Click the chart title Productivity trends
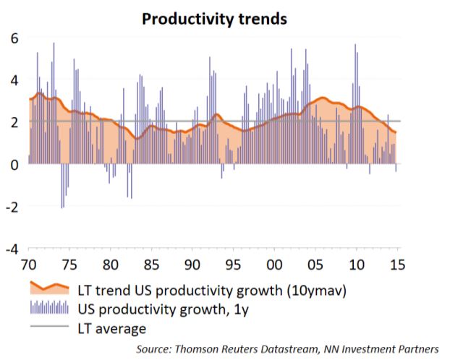click(214, 20)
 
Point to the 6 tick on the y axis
click(14, 38)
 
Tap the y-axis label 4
click(14, 80)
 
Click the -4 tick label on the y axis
click(12, 249)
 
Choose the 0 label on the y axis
click(14, 165)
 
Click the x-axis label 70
click(29, 265)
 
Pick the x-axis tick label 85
click(151, 265)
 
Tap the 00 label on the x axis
click(274, 265)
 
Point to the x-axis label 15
click(397, 265)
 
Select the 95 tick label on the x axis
click(233, 265)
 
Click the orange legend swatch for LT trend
click(50, 288)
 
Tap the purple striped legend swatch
click(49, 307)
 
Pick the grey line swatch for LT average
click(49, 326)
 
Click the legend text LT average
click(112, 329)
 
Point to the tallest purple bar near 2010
click(355, 104)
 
